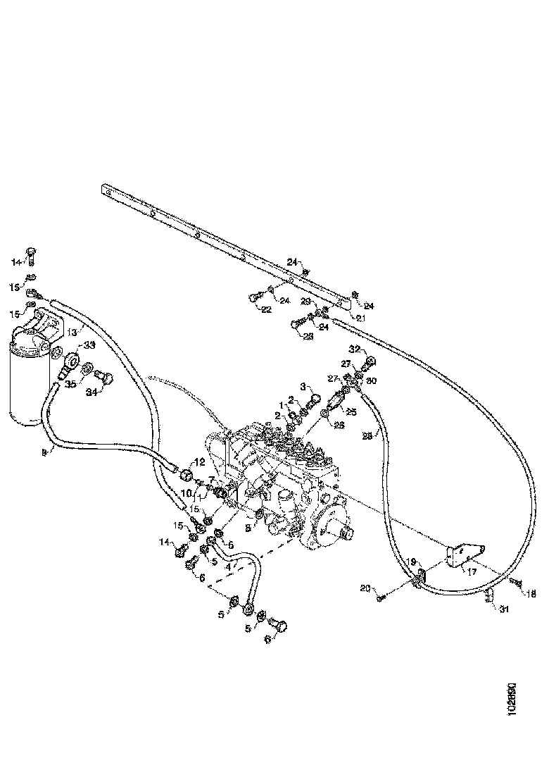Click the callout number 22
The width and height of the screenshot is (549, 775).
tap(267, 309)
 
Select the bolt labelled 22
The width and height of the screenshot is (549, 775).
tap(253, 298)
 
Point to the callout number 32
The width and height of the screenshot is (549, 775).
tap(354, 349)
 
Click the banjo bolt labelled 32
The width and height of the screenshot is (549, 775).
tap(370, 364)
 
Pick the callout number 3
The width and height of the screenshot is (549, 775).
tap(303, 387)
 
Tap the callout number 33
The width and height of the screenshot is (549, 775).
tap(89, 345)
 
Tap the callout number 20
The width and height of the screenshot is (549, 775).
tap(365, 588)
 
